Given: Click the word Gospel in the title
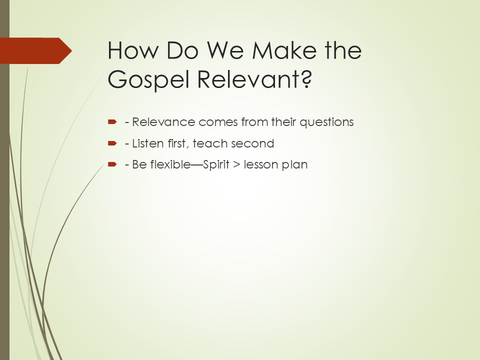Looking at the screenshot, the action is click(148, 79).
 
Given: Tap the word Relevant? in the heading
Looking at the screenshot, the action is click(254, 78).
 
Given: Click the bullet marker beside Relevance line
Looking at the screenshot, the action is click(112, 122).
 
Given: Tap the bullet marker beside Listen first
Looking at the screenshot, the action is click(112, 143).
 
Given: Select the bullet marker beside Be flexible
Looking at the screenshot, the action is click(112, 164).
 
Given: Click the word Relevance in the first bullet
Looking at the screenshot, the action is click(163, 122).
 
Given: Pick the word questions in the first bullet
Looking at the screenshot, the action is click(326, 122).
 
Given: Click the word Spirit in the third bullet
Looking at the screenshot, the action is click(216, 165).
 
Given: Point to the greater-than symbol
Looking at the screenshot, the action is click(236, 164).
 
